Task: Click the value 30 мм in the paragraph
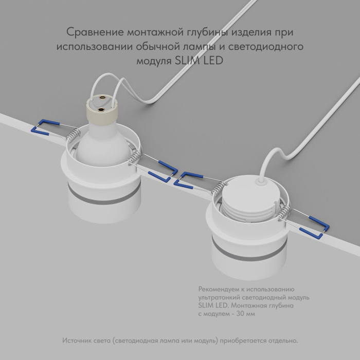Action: coord(244,314)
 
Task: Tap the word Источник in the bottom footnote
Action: coord(78,340)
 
